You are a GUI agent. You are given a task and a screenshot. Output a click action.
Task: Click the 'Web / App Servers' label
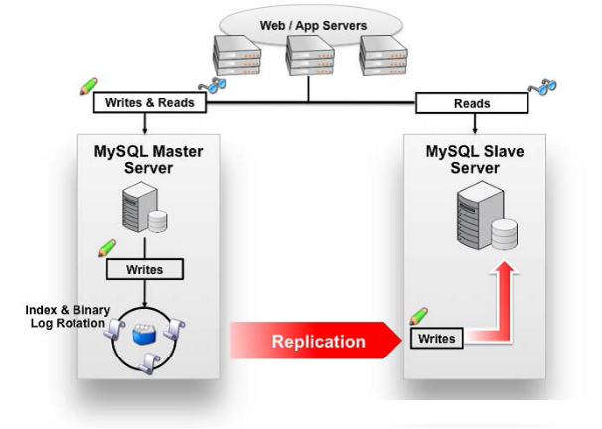313,26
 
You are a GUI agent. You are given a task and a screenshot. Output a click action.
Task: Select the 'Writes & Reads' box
150,103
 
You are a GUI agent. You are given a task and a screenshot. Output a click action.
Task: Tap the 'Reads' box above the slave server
472,103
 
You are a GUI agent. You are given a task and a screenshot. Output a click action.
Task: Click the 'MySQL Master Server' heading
149,159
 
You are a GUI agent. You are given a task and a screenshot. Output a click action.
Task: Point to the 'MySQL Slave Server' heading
475,159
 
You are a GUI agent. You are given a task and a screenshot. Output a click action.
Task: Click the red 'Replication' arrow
316,341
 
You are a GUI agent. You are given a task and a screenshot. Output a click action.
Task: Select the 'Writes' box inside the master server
145,269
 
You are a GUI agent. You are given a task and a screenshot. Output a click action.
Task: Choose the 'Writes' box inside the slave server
436,338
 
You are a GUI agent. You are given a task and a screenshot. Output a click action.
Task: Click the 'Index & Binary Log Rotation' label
68,316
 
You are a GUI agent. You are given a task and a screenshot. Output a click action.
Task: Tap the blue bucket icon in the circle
144,335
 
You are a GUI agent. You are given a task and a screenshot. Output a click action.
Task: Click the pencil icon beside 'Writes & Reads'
89,86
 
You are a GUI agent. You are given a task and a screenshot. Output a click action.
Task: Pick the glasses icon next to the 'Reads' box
542,87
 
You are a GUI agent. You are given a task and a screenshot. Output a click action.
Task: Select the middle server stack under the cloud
310,56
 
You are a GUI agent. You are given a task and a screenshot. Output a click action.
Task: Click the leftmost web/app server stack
236,56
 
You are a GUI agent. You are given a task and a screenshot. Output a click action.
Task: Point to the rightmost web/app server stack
383,56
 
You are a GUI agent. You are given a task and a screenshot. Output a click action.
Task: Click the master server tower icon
144,208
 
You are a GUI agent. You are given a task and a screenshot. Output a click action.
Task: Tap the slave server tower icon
487,215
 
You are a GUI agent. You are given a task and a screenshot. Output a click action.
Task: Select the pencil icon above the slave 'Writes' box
419,316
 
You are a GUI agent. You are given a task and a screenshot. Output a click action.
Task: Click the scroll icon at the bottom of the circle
150,363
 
